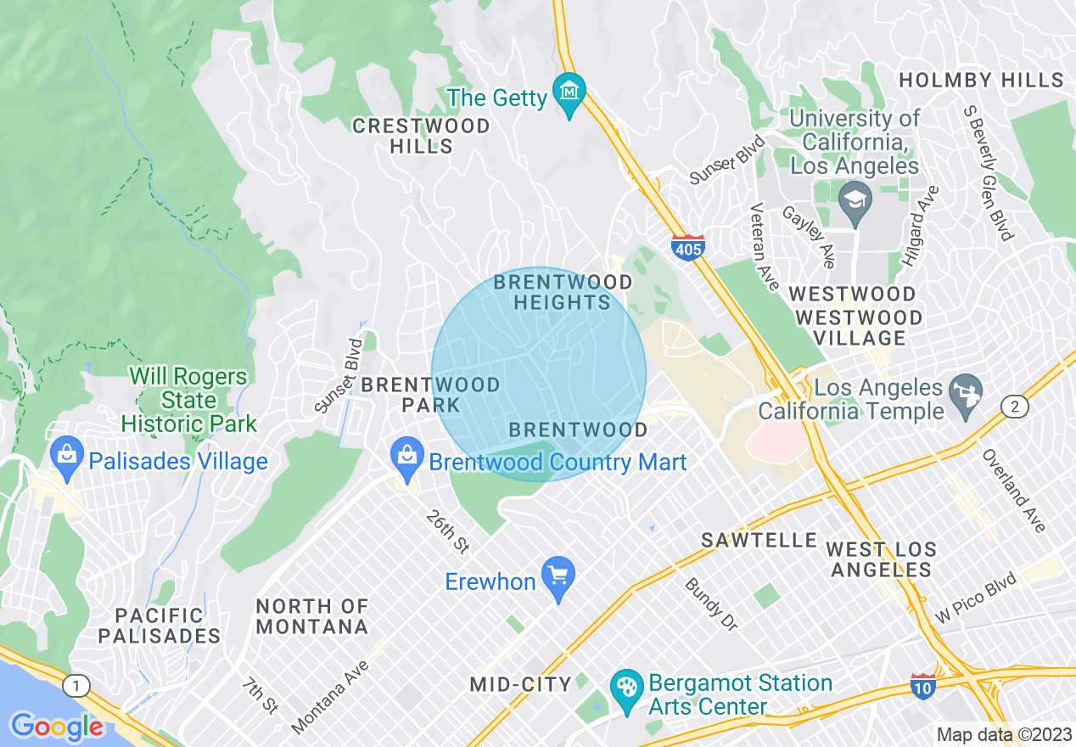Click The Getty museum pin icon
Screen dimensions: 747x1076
point(569,89)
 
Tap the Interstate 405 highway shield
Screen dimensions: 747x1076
point(687,247)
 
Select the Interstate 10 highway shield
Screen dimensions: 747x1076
point(922,685)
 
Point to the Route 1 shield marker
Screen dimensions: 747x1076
point(76,685)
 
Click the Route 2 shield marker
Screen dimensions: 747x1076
point(1014,407)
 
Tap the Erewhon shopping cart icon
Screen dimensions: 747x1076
point(558,574)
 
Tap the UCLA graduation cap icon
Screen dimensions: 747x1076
point(855,201)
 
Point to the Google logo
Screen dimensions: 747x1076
point(57,727)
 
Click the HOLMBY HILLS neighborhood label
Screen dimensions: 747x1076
point(981,81)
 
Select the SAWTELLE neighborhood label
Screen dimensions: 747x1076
point(759,540)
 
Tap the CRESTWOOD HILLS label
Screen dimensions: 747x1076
point(421,136)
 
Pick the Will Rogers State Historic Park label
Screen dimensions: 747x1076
point(188,400)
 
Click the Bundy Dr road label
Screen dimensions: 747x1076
point(711,604)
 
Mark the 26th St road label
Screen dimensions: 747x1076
point(448,531)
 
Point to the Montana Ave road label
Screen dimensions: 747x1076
point(332,696)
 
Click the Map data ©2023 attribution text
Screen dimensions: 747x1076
point(1004,734)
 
